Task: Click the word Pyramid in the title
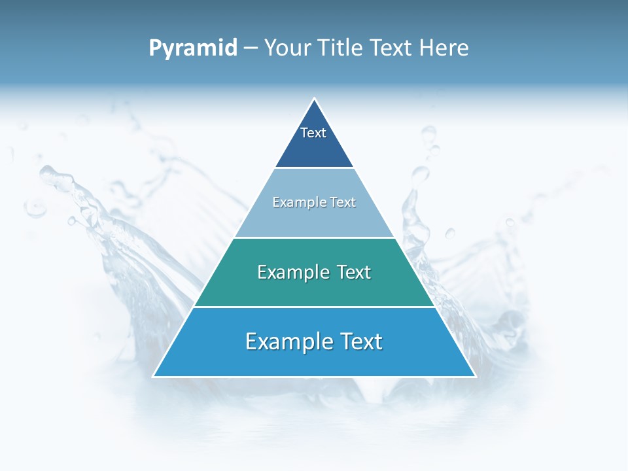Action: (193, 48)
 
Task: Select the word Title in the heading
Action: (341, 48)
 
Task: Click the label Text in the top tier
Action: (313, 133)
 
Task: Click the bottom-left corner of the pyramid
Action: (154, 376)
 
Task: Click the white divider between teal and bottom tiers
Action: (314, 307)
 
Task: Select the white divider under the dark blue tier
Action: (314, 168)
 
